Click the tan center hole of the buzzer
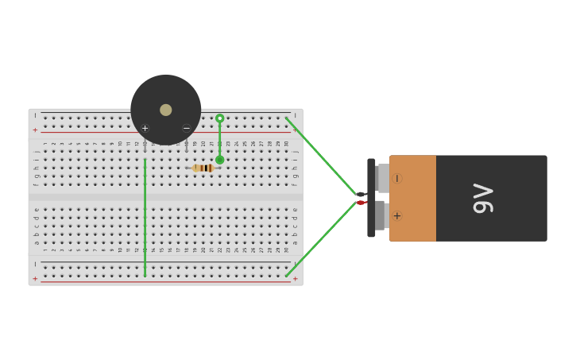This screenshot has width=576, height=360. [x=165, y=110]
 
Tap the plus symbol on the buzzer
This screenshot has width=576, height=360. [x=145, y=128]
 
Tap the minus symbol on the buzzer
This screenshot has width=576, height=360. [x=187, y=128]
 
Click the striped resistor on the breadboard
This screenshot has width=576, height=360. [x=204, y=168]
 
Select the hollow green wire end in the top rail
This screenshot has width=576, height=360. [x=220, y=118]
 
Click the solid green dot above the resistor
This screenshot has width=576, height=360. [x=220, y=160]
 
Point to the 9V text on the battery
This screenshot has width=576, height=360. [x=483, y=198]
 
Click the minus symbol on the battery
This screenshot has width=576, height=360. [x=396, y=179]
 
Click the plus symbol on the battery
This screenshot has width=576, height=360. [x=396, y=215]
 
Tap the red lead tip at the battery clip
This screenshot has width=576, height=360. [x=361, y=203]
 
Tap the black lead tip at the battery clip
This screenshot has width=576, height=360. [x=361, y=194]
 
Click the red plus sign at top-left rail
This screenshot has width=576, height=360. [x=35, y=130]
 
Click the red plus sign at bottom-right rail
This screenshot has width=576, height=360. [x=295, y=279]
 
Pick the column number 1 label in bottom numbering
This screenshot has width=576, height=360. [x=45, y=250]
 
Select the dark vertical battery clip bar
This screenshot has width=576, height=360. [x=371, y=198]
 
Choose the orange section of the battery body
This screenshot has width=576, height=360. [x=413, y=198]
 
